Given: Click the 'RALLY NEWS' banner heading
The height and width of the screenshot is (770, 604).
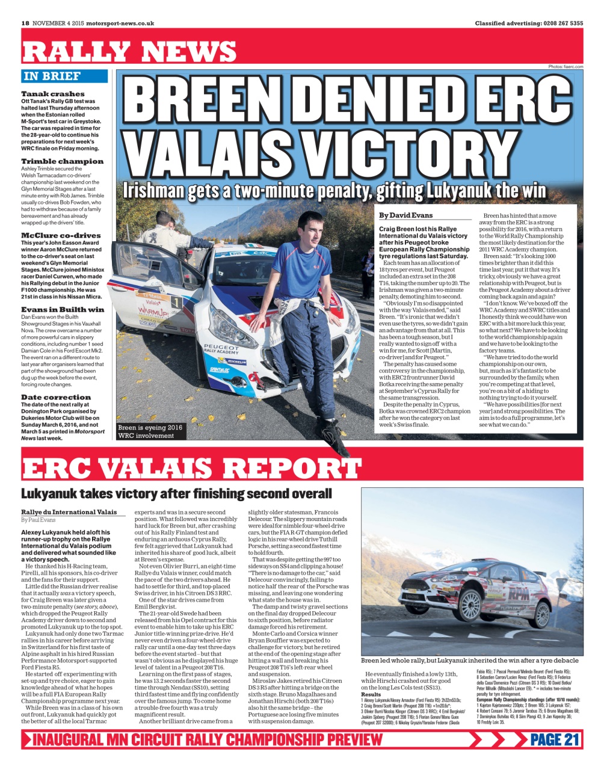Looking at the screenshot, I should tap(129, 52).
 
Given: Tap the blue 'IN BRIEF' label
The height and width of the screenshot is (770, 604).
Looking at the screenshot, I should tap(52, 76).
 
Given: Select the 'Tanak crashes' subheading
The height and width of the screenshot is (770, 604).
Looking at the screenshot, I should tap(53, 94).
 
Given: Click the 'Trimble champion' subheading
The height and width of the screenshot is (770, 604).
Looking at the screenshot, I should tap(62, 161).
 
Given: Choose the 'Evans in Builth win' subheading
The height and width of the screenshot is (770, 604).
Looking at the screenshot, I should tap(63, 309).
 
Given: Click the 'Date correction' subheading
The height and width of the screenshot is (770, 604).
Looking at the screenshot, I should tap(56, 397).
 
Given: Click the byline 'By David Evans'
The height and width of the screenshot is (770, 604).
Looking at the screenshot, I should tap(406, 215).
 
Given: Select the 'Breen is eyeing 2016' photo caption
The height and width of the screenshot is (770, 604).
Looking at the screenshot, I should tap(150, 428).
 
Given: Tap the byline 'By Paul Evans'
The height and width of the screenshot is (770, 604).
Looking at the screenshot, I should tap(38, 520).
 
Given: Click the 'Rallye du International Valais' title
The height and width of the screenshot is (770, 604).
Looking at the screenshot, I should tap(69, 512).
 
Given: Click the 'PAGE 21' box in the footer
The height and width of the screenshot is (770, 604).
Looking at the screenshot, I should tap(555, 739).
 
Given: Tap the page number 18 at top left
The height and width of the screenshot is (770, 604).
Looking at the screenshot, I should tap(25, 23).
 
